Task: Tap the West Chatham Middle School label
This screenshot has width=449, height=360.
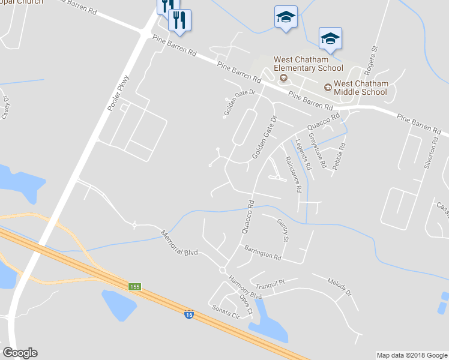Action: [360, 88]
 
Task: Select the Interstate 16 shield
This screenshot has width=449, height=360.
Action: [189, 314]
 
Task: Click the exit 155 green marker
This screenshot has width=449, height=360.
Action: [134, 287]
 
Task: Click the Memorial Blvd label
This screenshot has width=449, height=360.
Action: [179, 243]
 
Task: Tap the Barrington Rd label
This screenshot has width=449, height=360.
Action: [262, 251]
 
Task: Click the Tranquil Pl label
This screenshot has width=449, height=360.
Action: [268, 282]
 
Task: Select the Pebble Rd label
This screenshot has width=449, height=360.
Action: [340, 155]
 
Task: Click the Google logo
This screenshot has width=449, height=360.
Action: [20, 353]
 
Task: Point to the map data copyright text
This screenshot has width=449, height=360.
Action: [411, 355]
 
